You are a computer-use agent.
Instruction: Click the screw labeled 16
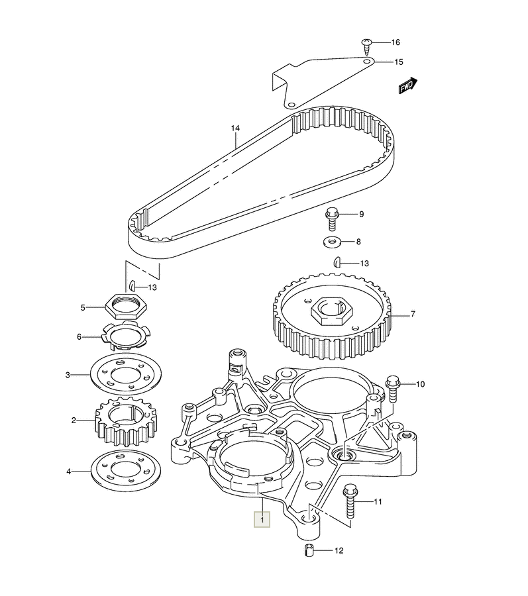(x=367, y=46)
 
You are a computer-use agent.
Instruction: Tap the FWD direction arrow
(x=408, y=85)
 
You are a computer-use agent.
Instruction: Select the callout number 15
(x=398, y=62)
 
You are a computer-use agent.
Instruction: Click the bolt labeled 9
(x=332, y=219)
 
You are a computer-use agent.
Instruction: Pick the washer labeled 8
(x=332, y=241)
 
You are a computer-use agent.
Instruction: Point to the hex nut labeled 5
(x=126, y=306)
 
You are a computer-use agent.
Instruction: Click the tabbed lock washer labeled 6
(x=126, y=336)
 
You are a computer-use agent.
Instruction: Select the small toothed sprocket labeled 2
(x=125, y=421)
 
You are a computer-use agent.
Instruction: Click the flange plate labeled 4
(x=126, y=471)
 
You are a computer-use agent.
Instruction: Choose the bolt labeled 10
(x=393, y=388)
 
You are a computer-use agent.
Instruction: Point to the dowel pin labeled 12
(x=309, y=550)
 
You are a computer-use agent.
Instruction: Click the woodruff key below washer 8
(x=337, y=262)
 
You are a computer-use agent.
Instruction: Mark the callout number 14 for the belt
(x=235, y=128)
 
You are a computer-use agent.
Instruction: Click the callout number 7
(x=413, y=315)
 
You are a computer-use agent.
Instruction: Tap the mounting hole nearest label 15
(x=366, y=62)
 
